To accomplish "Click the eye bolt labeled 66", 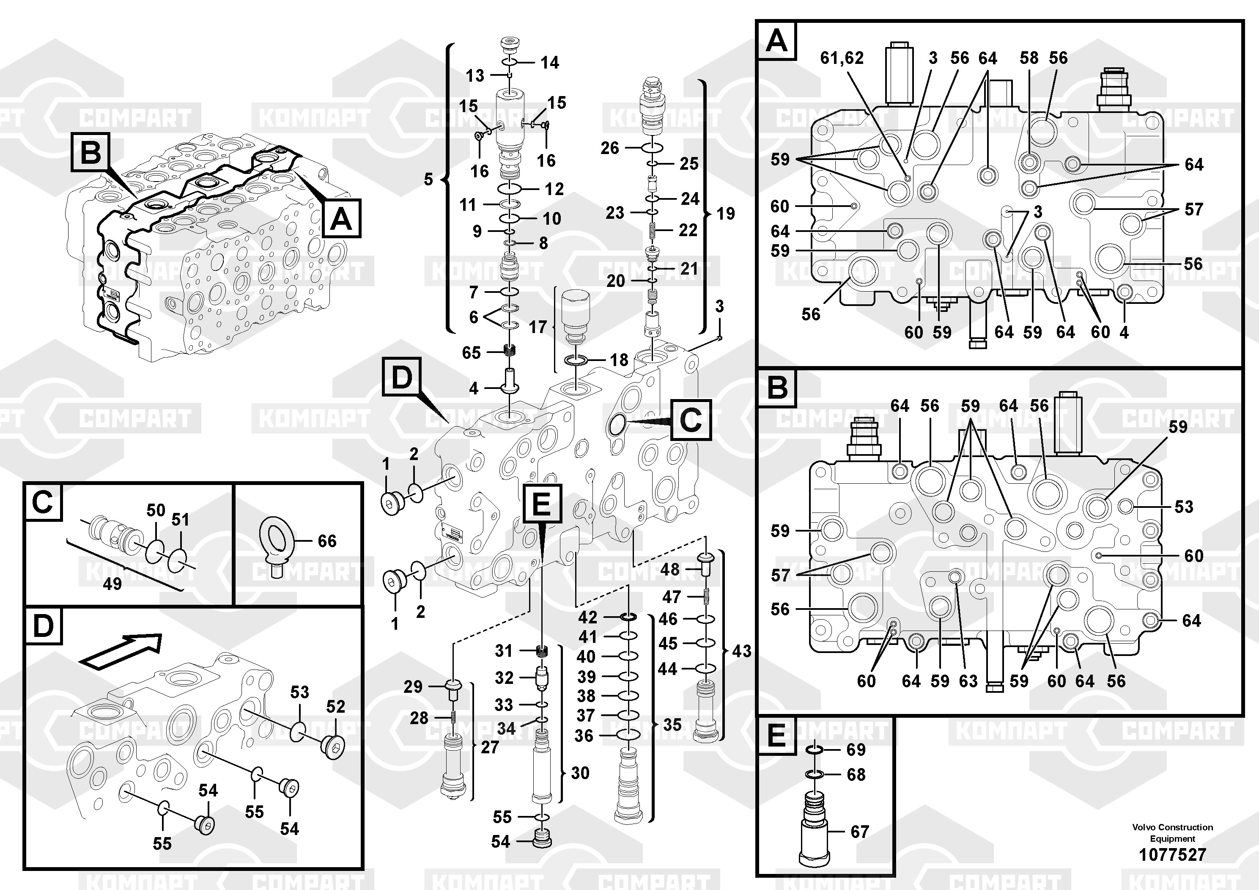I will [277, 543].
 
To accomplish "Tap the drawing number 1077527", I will [1172, 855].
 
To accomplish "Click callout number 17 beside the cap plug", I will [538, 328].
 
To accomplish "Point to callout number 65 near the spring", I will [471, 353].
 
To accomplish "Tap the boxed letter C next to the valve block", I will [690, 420].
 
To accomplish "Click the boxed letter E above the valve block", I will [541, 503].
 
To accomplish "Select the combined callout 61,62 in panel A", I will [841, 58].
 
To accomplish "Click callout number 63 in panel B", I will [968, 681].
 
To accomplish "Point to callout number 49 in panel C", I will [112, 584].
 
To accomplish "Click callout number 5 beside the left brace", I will [428, 179].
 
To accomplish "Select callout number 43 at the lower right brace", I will [741, 651].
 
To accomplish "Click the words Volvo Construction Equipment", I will [1172, 832].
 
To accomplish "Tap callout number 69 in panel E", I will [856, 749].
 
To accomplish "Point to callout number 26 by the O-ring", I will [609, 148].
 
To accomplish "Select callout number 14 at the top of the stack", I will [549, 63].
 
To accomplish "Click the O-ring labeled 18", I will [577, 361].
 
